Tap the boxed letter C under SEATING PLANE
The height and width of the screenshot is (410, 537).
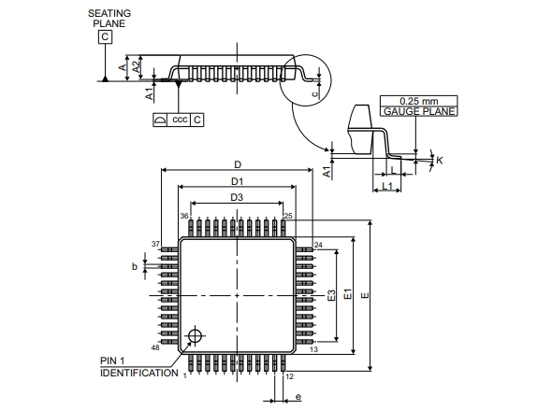coord(105,36)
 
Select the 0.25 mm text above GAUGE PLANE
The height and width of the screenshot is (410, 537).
coord(418,101)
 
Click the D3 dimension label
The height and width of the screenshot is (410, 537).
coord(237,197)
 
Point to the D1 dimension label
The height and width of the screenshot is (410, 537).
coord(237,181)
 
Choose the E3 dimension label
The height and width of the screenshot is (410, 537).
coord(331,295)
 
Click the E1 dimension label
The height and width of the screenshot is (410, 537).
coord(348,294)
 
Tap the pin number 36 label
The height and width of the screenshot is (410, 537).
coord(184,216)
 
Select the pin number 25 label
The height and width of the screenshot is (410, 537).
coord(288,216)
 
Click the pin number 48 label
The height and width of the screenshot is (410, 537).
coord(155,347)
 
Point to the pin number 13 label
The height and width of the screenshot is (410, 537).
coord(313,349)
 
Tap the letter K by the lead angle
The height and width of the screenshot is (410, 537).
coord(440,160)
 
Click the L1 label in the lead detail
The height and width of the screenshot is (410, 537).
coord(387,186)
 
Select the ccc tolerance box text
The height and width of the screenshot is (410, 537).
coord(180,120)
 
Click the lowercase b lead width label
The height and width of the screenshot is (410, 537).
coord(135,266)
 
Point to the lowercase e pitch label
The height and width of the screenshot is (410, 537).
coord(298,397)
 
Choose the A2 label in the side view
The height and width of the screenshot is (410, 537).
coord(137,66)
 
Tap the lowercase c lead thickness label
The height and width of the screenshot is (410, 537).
coord(315,93)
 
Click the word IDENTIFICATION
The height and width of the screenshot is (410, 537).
coord(139,373)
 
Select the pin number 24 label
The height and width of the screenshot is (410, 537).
coord(318,245)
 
